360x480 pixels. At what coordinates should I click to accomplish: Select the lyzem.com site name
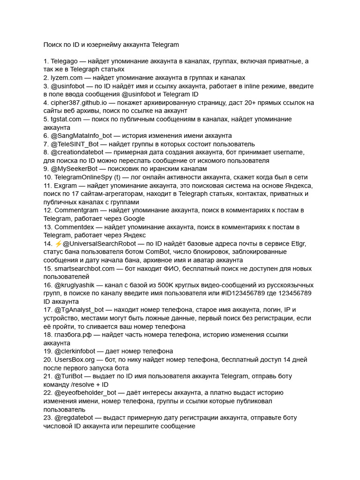pyautogui.click(x=67, y=78)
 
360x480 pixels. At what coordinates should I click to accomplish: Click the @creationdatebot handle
pyautogui.click(x=77, y=152)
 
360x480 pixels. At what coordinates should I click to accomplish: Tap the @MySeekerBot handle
pyautogui.click(x=74, y=169)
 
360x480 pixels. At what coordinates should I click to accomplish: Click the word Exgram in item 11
pyautogui.click(x=66, y=186)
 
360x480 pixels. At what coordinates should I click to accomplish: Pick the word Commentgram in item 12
pyautogui.click(x=75, y=210)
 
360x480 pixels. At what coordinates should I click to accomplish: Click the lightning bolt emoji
pyautogui.click(x=58, y=244)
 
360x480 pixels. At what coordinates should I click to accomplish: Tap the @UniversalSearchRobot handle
pyautogui.click(x=99, y=244)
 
